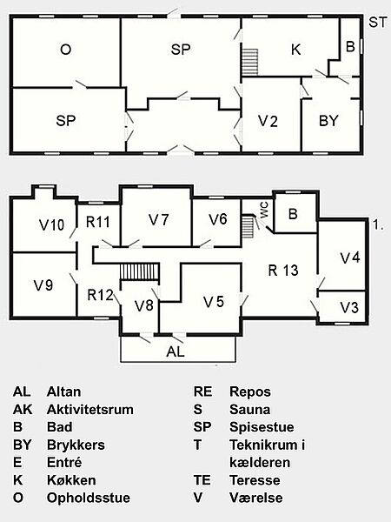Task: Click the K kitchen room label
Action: click(296, 50)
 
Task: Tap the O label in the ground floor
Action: click(66, 50)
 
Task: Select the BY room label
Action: click(328, 121)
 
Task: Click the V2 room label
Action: click(268, 121)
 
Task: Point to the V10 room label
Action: click(52, 225)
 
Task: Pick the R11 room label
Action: click(97, 222)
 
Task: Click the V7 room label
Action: click(159, 220)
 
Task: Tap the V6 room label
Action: click(218, 219)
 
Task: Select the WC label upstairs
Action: click(264, 211)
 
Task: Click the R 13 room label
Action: click(283, 271)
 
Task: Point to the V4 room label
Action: click(350, 258)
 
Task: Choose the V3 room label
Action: click(349, 308)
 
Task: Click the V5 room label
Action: click(214, 302)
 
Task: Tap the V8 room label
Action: click(144, 305)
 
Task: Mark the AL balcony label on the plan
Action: click(176, 351)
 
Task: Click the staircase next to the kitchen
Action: click(249, 63)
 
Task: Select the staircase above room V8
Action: click(140, 272)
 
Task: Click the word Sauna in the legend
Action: click(249, 410)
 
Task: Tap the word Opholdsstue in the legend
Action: click(89, 498)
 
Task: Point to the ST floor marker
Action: click(378, 23)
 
